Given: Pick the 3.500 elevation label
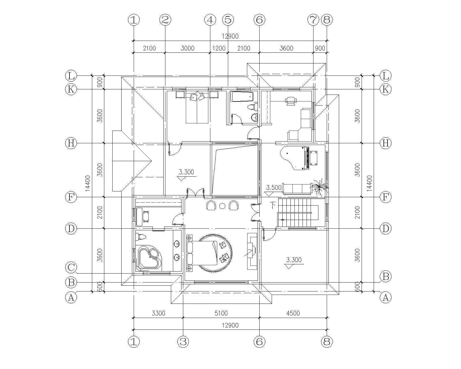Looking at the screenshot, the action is click(273, 187).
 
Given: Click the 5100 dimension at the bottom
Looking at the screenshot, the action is click(221, 313).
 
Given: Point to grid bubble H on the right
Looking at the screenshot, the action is click(385, 143).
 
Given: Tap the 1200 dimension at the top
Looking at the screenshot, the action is click(219, 48).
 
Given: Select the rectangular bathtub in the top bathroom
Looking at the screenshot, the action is click(242, 97).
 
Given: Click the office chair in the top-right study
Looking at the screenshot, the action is click(290, 101).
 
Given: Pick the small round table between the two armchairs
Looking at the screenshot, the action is click(222, 206).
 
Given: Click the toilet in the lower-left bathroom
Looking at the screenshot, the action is click(141, 236).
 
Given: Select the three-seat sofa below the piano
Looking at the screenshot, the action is click(297, 189).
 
